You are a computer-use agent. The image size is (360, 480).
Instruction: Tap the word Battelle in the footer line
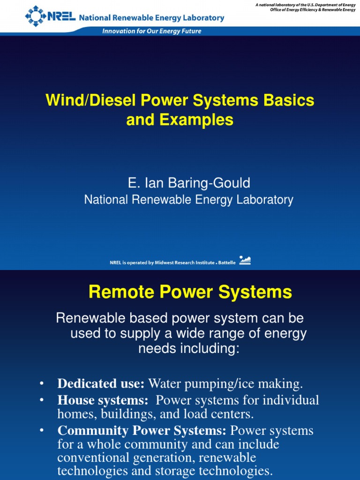point(227,263)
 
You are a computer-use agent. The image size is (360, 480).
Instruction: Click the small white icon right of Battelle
point(245,260)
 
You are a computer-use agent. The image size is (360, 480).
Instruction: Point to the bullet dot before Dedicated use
point(42,384)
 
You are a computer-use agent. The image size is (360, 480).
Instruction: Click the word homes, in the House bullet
point(74,414)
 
